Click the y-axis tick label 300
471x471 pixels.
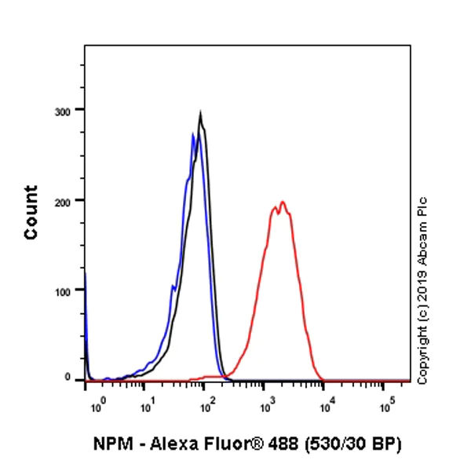tap(64, 110)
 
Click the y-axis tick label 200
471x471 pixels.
tap(64, 200)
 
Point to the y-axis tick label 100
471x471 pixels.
tap(64, 290)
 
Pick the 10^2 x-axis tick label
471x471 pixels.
tap(206, 406)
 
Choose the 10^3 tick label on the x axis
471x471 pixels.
tap(268, 406)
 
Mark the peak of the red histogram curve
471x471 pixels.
tap(282, 202)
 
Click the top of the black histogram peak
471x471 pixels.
tap(201, 115)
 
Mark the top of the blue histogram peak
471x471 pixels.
tap(193, 135)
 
